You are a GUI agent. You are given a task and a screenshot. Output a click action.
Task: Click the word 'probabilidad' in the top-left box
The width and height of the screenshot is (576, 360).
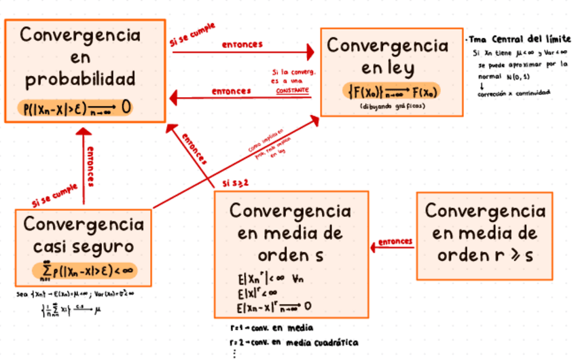click(80, 79)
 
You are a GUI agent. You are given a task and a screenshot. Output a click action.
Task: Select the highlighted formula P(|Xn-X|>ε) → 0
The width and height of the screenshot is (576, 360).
click(76, 107)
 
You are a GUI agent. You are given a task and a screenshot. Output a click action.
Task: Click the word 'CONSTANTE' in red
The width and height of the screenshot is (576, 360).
click(292, 90)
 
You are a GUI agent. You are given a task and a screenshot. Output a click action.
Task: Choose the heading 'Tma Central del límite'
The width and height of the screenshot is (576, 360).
click(520, 39)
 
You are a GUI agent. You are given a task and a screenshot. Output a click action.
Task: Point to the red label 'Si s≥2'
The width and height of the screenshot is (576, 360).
click(236, 183)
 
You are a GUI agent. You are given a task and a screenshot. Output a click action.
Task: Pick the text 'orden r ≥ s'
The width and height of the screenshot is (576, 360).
click(485, 255)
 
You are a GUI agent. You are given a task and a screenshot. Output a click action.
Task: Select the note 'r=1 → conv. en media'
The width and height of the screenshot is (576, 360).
click(272, 327)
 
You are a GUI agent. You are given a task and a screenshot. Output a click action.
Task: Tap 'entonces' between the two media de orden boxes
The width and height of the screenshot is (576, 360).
click(395, 241)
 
